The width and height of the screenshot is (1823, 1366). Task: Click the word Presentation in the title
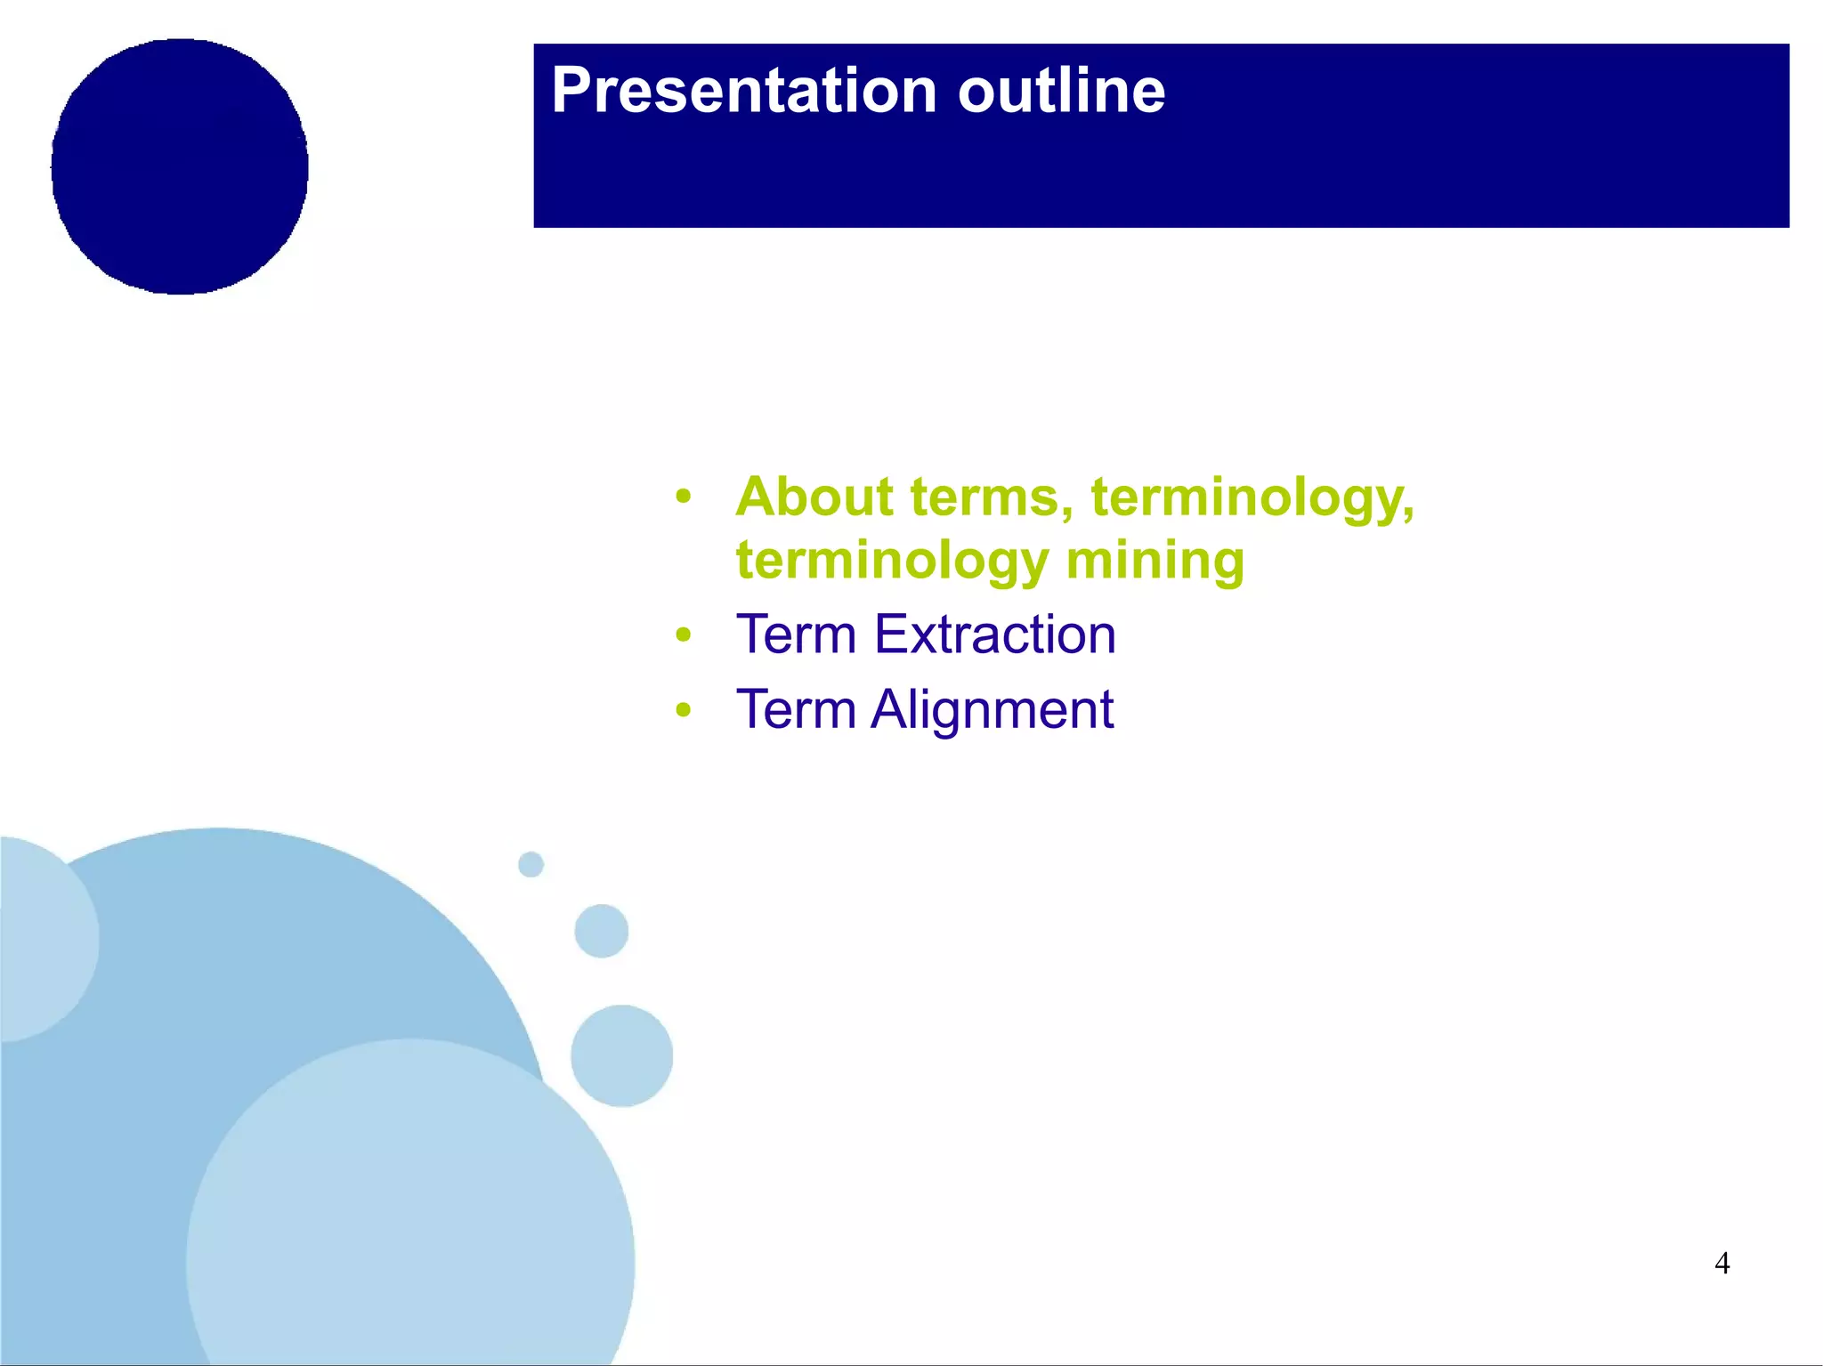[743, 91]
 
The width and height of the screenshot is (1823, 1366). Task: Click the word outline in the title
[1060, 91]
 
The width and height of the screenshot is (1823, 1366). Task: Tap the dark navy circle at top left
[180, 166]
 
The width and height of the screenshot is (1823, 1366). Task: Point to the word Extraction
[994, 635]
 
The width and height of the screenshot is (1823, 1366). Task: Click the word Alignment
[992, 709]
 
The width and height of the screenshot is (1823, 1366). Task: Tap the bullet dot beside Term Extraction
[683, 635]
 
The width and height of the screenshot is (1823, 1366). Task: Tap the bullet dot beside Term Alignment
[683, 710]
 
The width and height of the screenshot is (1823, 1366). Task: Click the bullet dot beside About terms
[683, 497]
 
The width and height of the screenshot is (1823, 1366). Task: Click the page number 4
[1722, 1263]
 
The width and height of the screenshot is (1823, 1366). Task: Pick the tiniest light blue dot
[531, 864]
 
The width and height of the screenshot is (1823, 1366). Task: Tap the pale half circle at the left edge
[40, 939]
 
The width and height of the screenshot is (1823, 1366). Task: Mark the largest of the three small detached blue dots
[621, 1055]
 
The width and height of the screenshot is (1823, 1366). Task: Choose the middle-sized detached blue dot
[602, 931]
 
